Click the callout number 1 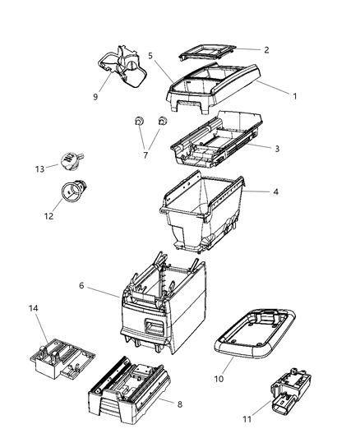[294, 95]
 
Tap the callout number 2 [265, 49]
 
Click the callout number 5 [150, 55]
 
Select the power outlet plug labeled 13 [70, 159]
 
